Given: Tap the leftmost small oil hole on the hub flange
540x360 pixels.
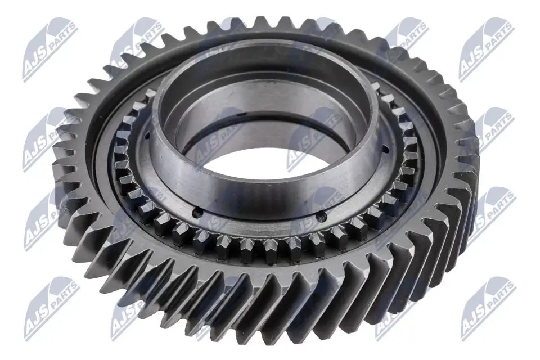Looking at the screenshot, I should tap(147, 136).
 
